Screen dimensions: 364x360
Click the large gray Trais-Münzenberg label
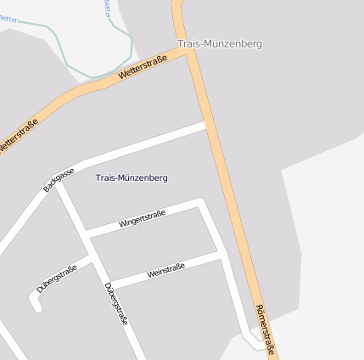[220, 43]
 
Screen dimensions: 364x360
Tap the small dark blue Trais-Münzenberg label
[132, 177]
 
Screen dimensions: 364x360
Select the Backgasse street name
[59, 180]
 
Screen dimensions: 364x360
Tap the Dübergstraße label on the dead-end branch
[57, 278]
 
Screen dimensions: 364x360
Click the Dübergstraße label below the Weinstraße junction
[115, 304]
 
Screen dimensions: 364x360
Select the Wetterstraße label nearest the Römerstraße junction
[142, 70]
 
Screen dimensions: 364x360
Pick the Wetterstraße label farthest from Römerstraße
[20, 137]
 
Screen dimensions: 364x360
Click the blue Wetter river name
[107, 8]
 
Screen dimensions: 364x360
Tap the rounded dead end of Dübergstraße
[37, 307]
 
